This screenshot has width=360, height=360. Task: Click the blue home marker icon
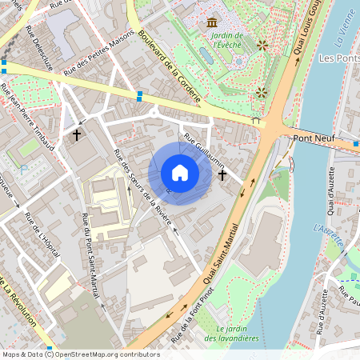coord(180,173)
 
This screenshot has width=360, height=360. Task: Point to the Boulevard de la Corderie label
coord(168,63)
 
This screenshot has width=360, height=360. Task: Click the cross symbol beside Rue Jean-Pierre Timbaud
coord(77,135)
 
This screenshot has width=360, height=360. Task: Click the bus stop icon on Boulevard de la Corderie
coord(141,96)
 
